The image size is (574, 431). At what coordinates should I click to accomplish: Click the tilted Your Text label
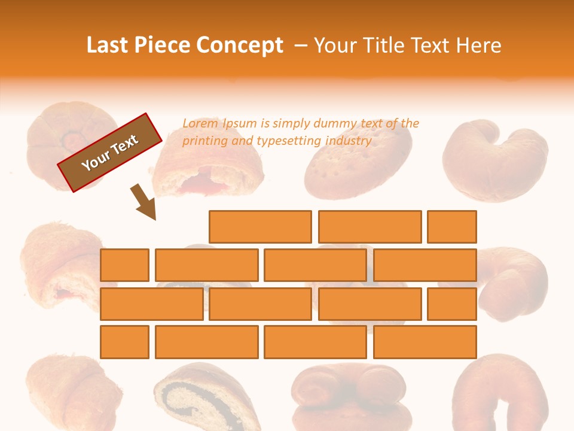tap(110, 153)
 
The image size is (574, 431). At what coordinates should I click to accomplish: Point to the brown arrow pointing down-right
tap(145, 202)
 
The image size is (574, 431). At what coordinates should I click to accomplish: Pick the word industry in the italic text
tap(349, 141)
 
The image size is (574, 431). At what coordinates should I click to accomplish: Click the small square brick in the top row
tap(452, 227)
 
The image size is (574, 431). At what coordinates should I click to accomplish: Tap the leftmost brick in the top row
tap(260, 227)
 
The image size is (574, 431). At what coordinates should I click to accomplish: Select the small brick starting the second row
tap(124, 265)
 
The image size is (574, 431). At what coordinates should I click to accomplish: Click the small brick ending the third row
tap(452, 304)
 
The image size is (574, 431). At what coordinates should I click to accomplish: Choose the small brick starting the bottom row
tap(124, 342)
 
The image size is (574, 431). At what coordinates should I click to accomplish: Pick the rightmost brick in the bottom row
tap(425, 342)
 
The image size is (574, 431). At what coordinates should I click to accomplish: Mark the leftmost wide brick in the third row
tap(151, 304)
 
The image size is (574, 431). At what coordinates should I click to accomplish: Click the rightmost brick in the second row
tap(425, 265)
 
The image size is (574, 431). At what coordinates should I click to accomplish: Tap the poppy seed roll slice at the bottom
tap(206, 398)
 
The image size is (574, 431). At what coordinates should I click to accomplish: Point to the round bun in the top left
tap(65, 141)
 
